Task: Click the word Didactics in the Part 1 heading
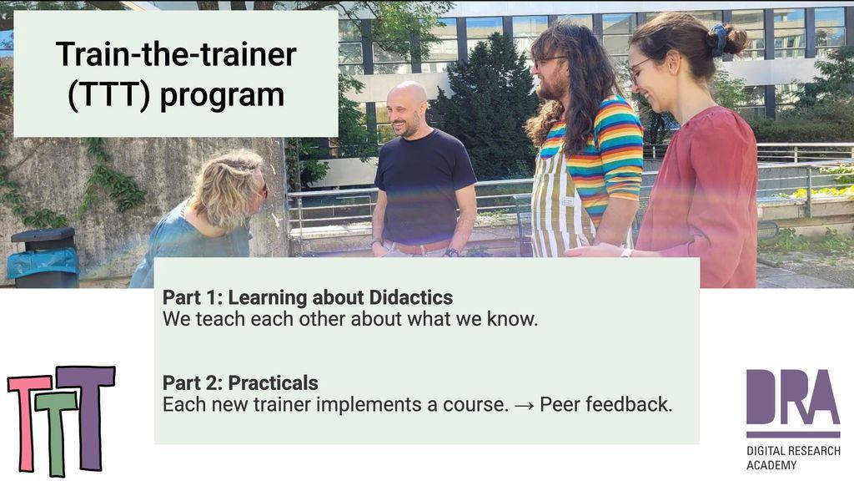[411, 297]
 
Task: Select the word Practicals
[273, 382]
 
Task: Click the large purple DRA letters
[792, 397]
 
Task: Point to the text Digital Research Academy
[793, 458]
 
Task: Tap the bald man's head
[406, 108]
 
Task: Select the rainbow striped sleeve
[619, 150]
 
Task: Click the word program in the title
[222, 95]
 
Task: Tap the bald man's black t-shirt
[424, 186]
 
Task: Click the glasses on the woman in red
[638, 68]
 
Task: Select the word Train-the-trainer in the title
[176, 54]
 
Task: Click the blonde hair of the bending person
[227, 188]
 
